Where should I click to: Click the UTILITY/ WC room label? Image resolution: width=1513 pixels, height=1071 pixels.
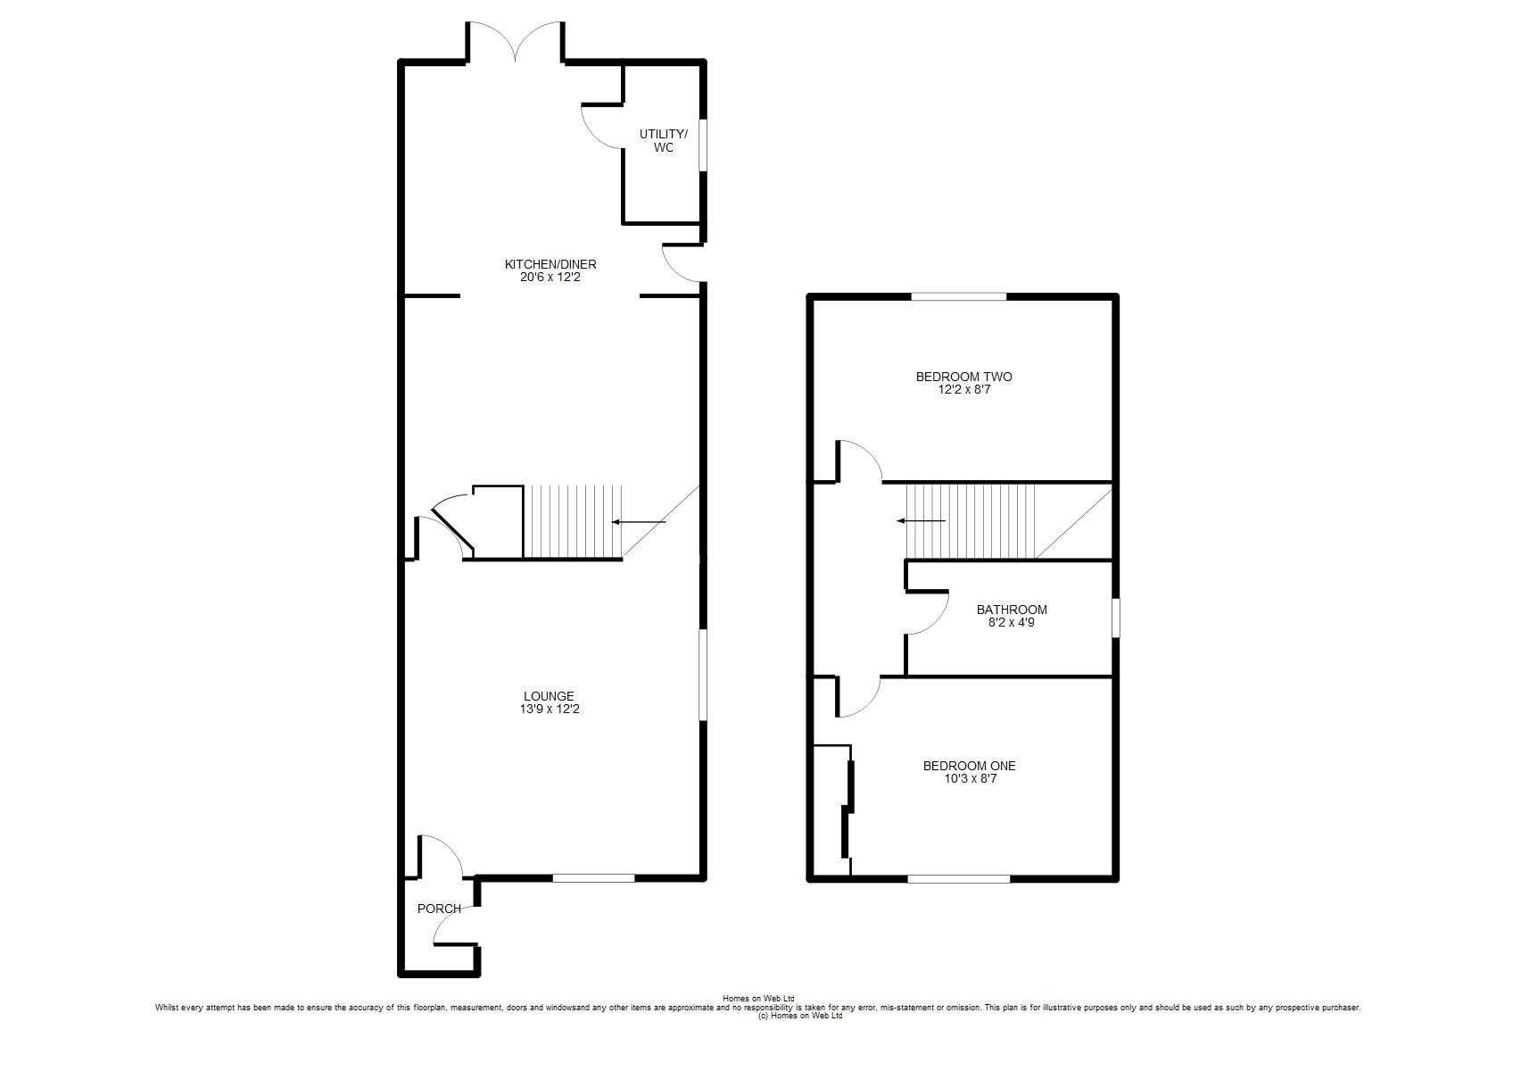tap(664, 140)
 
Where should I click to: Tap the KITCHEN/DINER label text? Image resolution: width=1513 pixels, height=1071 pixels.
tap(550, 264)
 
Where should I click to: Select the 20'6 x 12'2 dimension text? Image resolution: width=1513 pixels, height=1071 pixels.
tap(550, 277)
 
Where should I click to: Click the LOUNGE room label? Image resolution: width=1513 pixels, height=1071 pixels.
tap(549, 696)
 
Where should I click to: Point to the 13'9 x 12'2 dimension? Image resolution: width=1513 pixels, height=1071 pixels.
tap(549, 709)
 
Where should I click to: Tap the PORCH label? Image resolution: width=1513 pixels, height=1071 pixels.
tap(439, 909)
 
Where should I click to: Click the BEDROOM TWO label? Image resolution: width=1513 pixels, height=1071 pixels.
tap(963, 377)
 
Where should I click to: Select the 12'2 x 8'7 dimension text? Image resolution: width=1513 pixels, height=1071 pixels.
tap(963, 389)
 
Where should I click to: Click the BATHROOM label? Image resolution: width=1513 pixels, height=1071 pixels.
tap(1012, 610)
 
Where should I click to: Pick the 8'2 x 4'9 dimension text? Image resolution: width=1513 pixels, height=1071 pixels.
tap(1011, 622)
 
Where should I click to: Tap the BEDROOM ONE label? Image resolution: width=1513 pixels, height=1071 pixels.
tap(969, 766)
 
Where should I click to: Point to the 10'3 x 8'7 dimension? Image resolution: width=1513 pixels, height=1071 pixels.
tap(970, 778)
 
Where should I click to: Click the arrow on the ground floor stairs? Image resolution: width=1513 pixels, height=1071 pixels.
tap(639, 521)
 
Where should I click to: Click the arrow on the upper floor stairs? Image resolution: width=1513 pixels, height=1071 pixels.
tap(921, 521)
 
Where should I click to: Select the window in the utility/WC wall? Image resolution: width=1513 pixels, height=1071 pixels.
tap(702, 145)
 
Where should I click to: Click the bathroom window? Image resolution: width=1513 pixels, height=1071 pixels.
tap(1115, 617)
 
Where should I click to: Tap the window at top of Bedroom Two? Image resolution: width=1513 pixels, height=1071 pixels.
tap(958, 296)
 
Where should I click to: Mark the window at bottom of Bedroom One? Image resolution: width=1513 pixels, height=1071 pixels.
tap(958, 879)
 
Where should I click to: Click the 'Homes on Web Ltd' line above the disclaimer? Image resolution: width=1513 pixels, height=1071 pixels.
tap(758, 998)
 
